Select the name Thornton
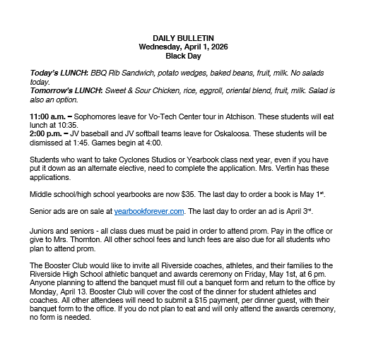(x=73, y=239)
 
